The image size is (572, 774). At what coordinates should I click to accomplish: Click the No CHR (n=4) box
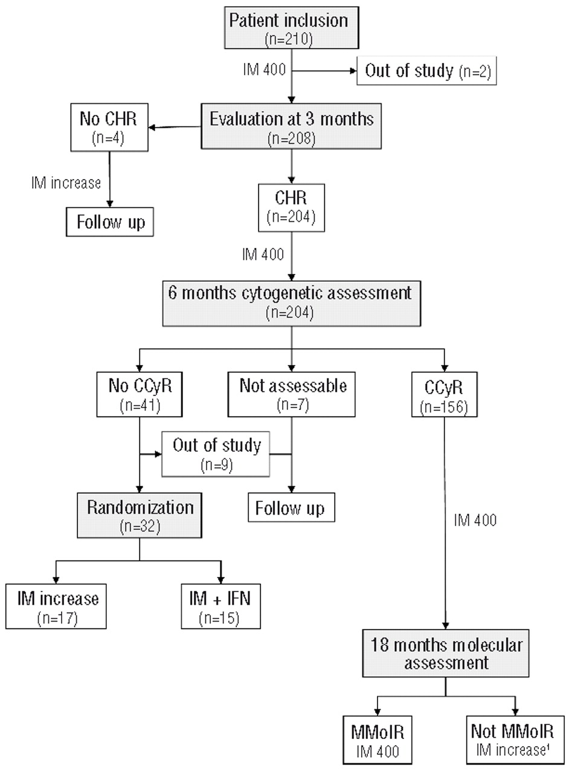109,126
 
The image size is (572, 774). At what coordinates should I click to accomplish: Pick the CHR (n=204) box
292,207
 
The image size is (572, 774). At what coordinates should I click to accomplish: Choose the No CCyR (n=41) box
140,394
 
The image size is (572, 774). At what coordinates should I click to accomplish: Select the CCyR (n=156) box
445,394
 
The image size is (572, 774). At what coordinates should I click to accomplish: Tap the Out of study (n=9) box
216,454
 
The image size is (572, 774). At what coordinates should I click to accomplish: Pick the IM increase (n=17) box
57,606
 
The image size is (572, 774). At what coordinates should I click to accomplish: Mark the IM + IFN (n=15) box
221,606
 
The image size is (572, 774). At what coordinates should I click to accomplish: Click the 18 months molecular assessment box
446,653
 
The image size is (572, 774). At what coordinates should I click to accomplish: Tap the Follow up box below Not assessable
291,507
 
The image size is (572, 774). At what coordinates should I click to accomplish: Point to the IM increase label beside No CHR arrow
66,182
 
